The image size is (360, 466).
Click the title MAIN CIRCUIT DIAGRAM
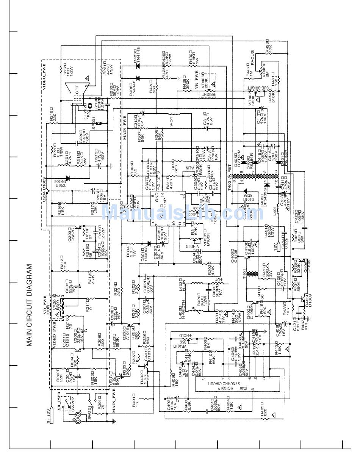[30, 305]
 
